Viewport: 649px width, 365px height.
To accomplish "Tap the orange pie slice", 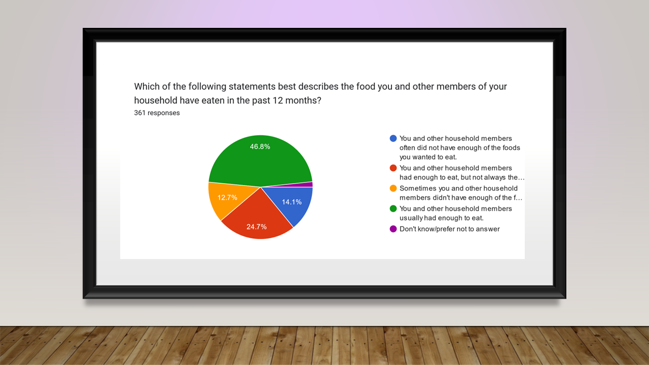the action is [x=229, y=198].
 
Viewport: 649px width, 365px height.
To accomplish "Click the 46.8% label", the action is [x=260, y=147].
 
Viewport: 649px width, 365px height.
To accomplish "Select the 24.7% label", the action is [x=257, y=227].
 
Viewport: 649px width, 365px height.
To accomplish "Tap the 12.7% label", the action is [x=227, y=198].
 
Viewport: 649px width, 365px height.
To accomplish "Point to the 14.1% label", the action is [x=292, y=202].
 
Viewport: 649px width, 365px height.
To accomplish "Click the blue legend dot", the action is [x=393, y=138].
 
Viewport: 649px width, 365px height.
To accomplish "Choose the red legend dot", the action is [x=393, y=168].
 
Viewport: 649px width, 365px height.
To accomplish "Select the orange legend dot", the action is [x=393, y=188].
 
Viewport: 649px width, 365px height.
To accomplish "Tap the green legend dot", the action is [x=393, y=208].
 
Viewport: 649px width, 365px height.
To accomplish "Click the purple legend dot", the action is [x=393, y=229].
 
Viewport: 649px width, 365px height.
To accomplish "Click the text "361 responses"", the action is [x=157, y=113].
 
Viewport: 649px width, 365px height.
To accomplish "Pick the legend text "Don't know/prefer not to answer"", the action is [x=450, y=229].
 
